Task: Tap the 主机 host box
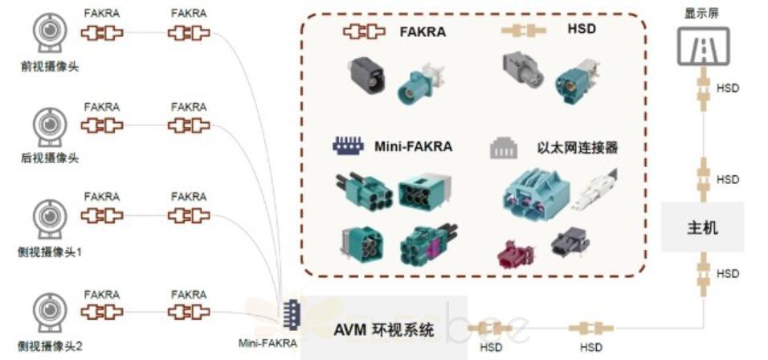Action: pyautogui.click(x=703, y=227)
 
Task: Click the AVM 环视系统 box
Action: pyautogui.click(x=383, y=329)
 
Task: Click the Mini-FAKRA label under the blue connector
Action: pyautogui.click(x=268, y=344)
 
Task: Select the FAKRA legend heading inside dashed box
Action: pyautogui.click(x=423, y=32)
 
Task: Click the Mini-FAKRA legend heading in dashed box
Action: pyautogui.click(x=413, y=146)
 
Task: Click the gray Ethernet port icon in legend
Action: pyautogui.click(x=505, y=148)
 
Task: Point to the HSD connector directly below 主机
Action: pyautogui.click(x=704, y=268)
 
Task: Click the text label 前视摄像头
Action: pyautogui.click(x=50, y=67)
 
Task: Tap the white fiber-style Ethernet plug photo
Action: pyautogui.click(x=595, y=188)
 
